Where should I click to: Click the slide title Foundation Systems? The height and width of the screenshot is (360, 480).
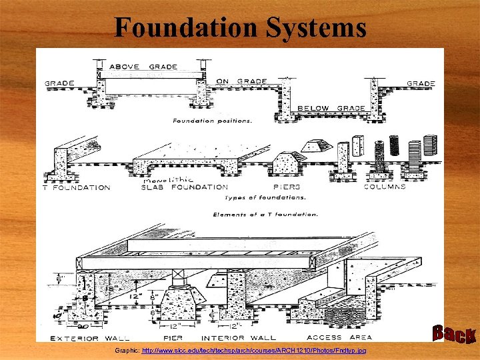pos(240,28)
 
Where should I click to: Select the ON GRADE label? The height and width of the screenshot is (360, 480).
pos(241,81)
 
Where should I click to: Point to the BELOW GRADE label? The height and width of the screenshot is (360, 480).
pos(331,108)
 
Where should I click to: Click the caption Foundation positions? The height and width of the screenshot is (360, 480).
pos(212,121)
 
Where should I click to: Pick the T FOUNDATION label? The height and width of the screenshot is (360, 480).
pos(77,187)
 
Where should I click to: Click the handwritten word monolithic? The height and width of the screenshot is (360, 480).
pos(167,179)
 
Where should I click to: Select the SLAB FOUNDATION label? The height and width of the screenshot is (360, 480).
pos(185,187)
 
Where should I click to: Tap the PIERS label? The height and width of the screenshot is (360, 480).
pos(287,187)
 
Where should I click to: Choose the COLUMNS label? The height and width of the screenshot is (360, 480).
pos(385,187)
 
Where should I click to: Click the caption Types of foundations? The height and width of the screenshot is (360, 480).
pos(265,198)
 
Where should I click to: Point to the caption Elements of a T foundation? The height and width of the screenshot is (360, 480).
pos(265,214)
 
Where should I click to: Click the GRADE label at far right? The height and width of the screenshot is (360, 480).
pos(421,84)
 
